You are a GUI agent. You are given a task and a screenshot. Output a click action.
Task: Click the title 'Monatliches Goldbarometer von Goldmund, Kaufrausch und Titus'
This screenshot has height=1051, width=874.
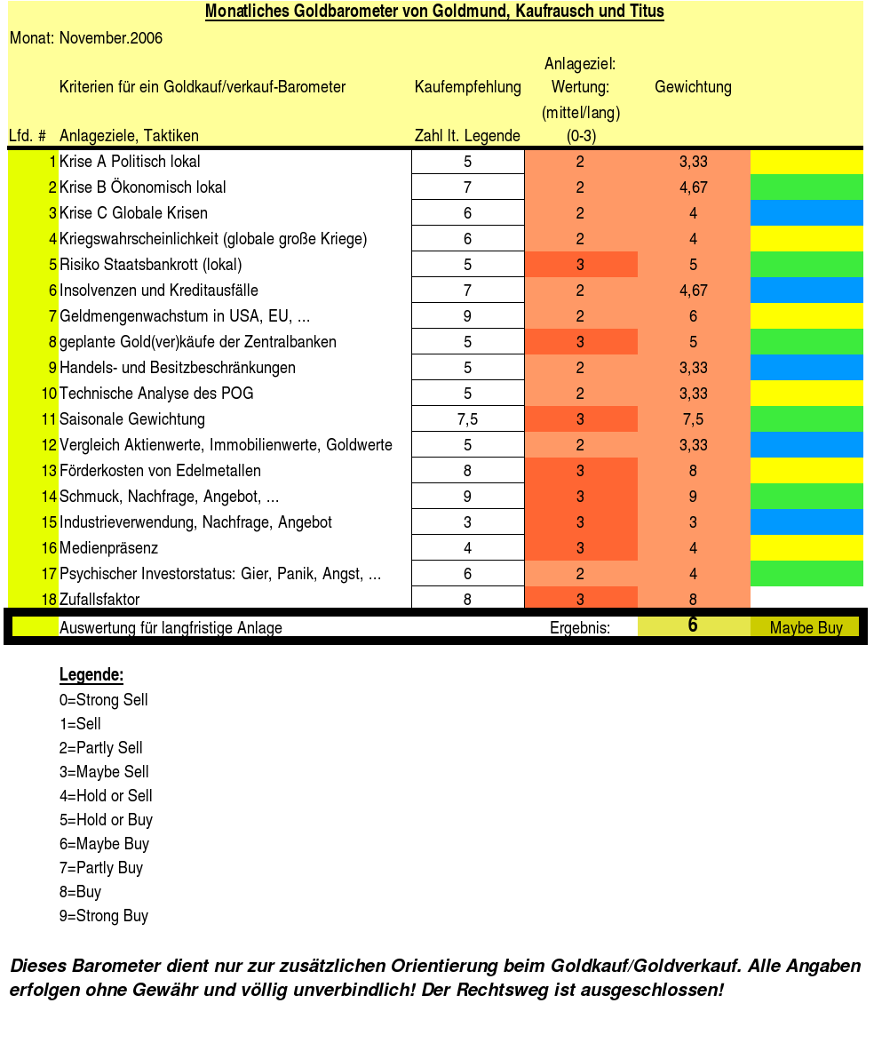434,12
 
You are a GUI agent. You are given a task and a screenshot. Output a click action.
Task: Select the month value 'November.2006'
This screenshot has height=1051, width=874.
111,38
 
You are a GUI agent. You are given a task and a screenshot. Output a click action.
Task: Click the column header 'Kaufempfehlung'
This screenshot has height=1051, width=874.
467,87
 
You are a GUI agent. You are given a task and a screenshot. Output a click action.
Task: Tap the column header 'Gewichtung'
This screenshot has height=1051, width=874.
693,87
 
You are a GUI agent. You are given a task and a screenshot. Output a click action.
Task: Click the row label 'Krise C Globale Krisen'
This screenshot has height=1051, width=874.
133,213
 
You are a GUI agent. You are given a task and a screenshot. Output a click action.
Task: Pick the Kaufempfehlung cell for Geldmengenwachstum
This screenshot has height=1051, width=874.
467,316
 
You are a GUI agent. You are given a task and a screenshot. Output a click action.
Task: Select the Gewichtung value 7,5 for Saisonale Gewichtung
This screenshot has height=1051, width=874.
693,419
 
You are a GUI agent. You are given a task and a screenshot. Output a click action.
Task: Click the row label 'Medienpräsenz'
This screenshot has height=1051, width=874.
108,548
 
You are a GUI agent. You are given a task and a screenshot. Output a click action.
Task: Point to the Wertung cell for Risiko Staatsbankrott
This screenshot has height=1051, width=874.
580,265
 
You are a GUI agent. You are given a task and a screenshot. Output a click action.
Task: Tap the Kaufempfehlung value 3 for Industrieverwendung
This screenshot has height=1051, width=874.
467,522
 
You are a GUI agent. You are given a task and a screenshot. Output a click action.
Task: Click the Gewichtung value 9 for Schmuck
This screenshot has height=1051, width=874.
693,497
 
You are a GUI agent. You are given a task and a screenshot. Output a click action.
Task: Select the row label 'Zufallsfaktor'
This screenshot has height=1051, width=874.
99,600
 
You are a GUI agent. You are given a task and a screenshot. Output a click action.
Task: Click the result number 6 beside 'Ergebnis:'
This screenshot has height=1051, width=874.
693,625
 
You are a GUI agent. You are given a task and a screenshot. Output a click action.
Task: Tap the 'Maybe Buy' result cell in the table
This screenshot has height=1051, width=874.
806,628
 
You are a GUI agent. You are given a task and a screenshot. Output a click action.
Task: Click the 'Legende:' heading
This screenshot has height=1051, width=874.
91,675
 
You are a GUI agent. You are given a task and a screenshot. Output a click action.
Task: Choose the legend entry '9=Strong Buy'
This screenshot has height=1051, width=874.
104,916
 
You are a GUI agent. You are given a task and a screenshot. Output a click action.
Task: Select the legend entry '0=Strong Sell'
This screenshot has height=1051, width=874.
104,700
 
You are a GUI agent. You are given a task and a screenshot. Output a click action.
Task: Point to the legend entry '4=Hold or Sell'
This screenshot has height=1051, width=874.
106,796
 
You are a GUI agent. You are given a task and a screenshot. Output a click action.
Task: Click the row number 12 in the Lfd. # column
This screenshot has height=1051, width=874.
49,445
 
